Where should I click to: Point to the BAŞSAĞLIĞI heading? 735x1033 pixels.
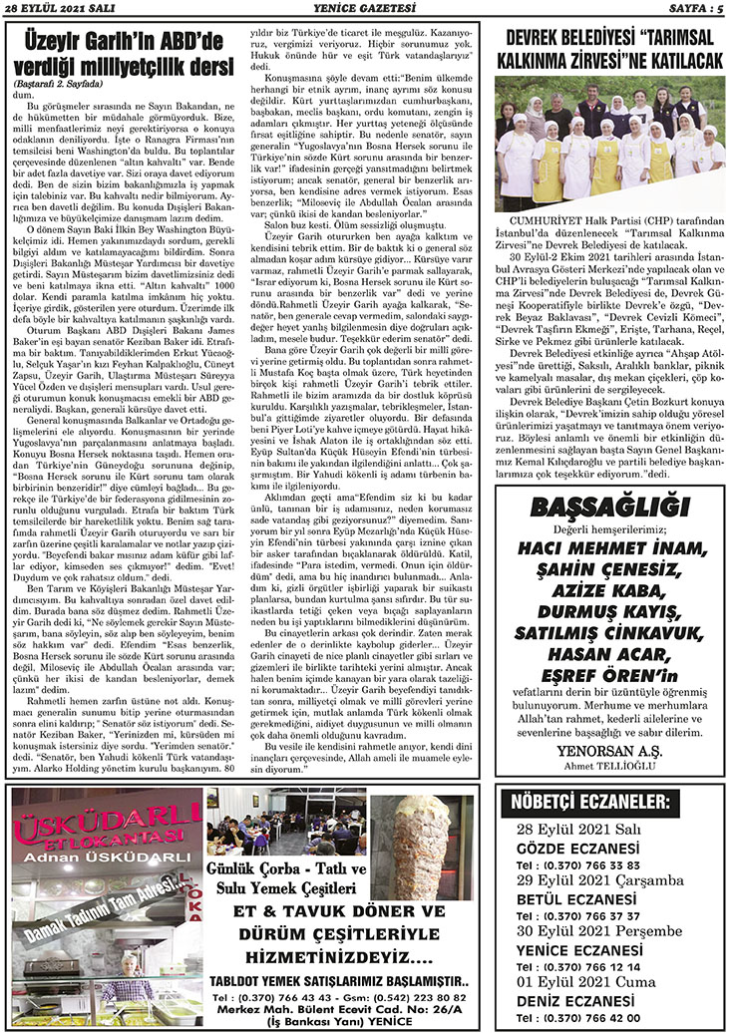[610, 509]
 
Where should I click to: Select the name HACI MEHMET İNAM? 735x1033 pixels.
[610, 548]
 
